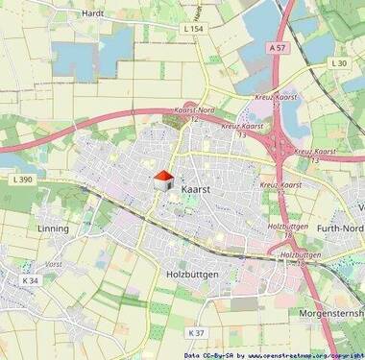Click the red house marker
(162, 180)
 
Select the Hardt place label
(94, 14)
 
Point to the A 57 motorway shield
(278, 46)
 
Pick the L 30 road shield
(337, 63)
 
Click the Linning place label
(53, 228)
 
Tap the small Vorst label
(54, 262)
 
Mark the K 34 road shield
(32, 280)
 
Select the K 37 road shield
(196, 332)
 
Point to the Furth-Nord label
(330, 228)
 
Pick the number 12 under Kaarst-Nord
(194, 120)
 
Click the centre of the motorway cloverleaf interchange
(282, 144)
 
